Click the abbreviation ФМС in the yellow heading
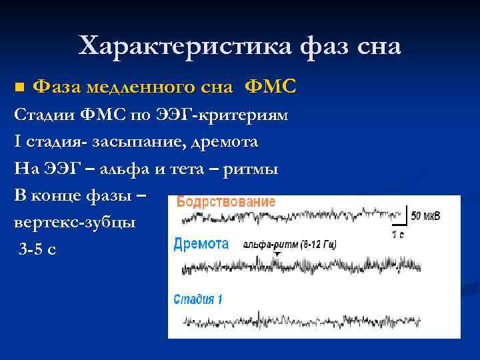271,87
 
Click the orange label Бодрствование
226,202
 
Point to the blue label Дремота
201,244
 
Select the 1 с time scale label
399,235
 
